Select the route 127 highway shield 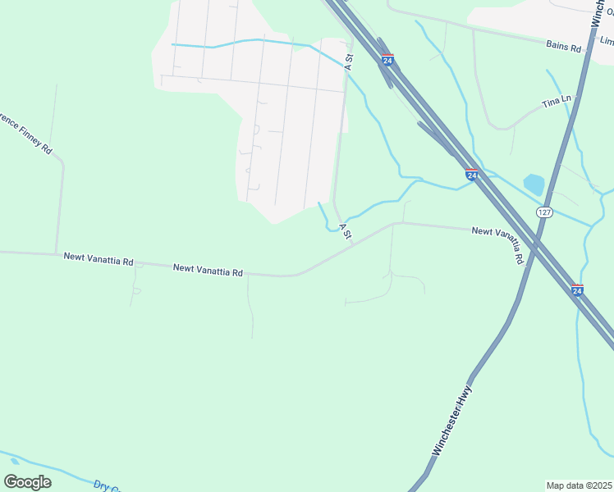tap(544, 212)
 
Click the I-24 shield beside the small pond tap(471, 175)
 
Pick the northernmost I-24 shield tap(387, 59)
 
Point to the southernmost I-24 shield tap(577, 290)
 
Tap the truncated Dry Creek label tap(108, 486)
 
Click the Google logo tap(27, 482)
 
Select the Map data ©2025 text tap(578, 485)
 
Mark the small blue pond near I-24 tap(534, 184)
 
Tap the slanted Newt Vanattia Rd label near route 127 tap(499, 244)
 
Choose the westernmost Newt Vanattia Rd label tap(98, 259)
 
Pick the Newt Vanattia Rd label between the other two tap(208, 269)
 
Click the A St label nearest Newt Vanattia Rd tap(346, 231)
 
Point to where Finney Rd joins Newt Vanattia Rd tap(56, 253)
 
